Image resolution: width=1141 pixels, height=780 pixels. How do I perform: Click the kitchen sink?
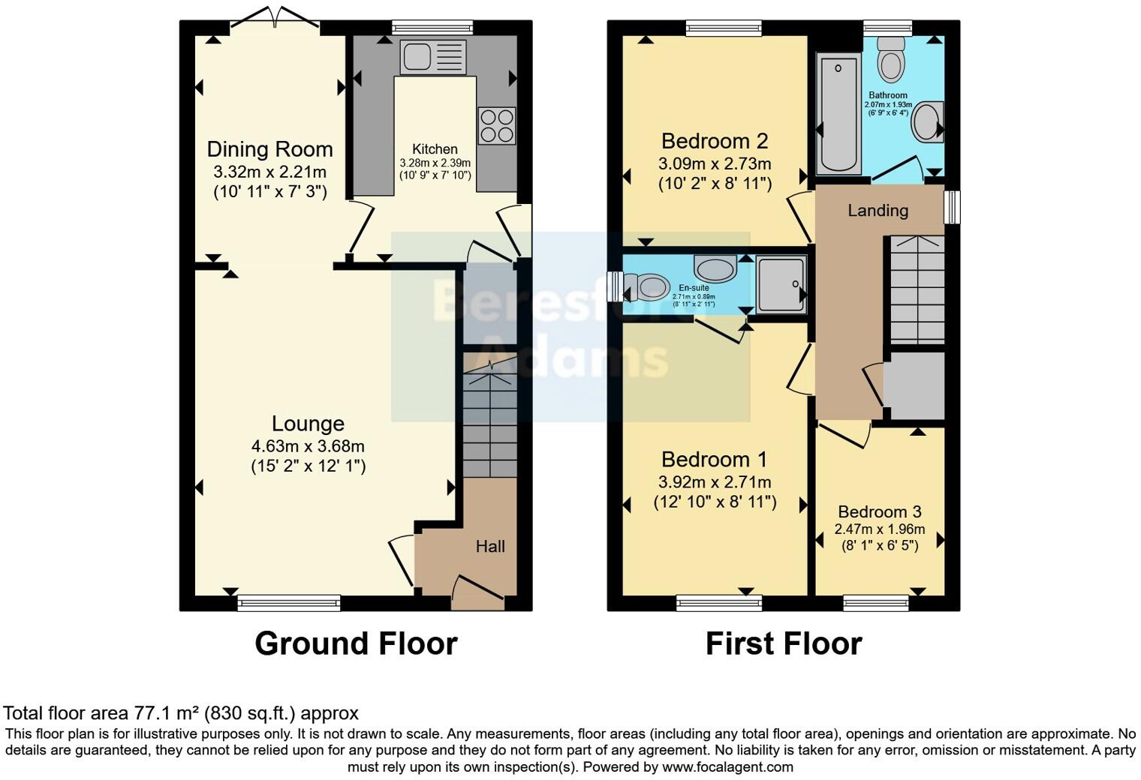(432, 57)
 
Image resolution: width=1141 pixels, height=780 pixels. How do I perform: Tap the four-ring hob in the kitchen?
(496, 125)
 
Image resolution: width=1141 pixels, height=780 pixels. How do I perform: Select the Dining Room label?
(269, 148)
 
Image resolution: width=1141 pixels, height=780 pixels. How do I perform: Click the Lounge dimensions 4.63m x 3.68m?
(308, 446)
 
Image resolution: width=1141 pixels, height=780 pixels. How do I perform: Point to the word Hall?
(490, 547)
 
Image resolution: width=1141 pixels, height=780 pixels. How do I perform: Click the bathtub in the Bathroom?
(838, 112)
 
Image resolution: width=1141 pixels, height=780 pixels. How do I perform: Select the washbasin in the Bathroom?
(926, 122)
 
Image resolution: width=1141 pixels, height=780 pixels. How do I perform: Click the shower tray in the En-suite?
(781, 283)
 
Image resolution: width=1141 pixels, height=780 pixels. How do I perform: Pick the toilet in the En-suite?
(647, 286)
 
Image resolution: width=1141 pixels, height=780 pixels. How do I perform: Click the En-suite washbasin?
(715, 268)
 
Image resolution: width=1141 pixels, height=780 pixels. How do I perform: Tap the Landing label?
(878, 211)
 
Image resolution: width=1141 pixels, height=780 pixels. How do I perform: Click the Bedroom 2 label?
(715, 141)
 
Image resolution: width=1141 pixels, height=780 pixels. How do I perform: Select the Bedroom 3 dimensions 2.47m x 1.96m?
(879, 529)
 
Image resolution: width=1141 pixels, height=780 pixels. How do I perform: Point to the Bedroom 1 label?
(715, 459)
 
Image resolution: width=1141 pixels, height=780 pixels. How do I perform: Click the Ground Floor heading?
(356, 643)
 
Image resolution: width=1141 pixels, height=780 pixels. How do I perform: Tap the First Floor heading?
(783, 643)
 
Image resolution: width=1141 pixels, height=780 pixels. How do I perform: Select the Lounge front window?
(289, 602)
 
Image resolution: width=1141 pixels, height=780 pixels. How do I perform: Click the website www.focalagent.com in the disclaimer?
(727, 767)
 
